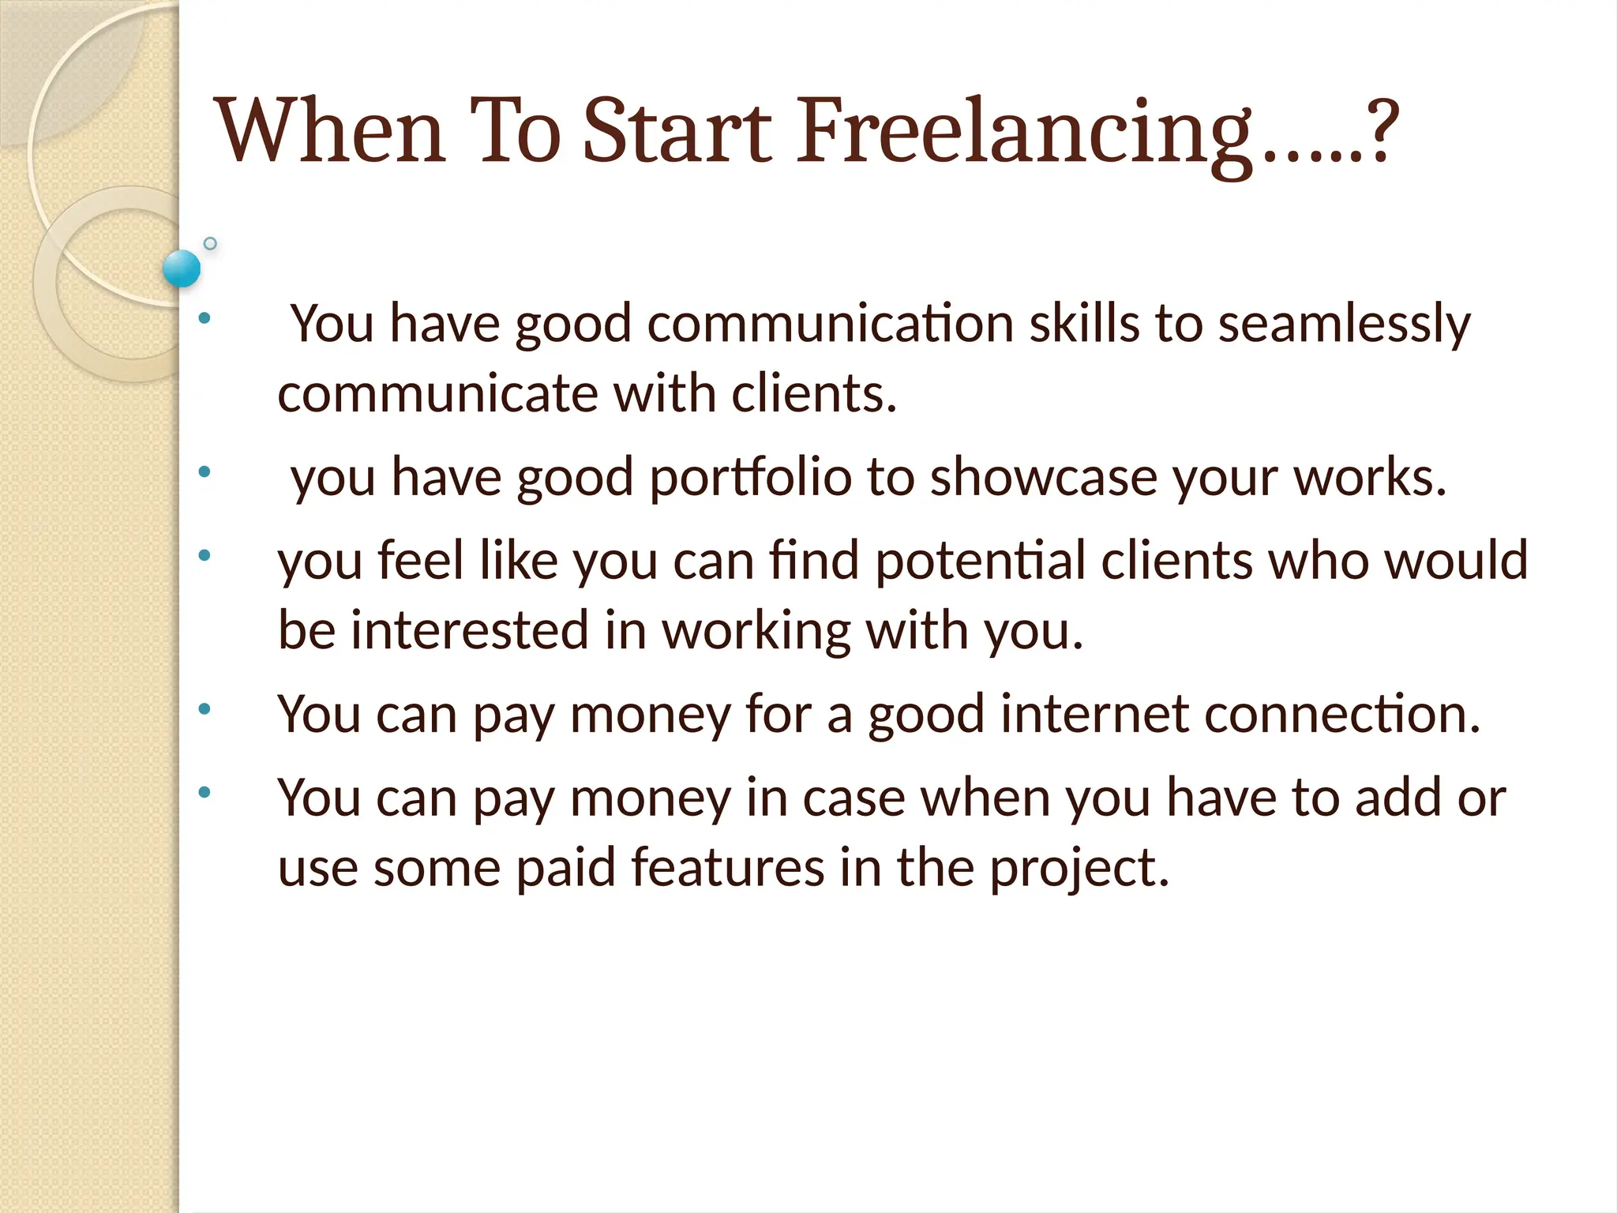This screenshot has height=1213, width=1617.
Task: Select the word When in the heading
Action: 332,131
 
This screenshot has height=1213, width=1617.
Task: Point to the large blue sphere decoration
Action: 182,268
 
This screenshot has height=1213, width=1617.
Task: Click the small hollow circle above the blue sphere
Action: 210,243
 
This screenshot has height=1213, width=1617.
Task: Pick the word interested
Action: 470,631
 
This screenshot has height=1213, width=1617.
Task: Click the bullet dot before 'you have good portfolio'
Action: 204,472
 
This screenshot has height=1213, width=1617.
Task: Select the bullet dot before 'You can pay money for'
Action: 204,709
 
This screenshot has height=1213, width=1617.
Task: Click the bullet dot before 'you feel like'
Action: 204,555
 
